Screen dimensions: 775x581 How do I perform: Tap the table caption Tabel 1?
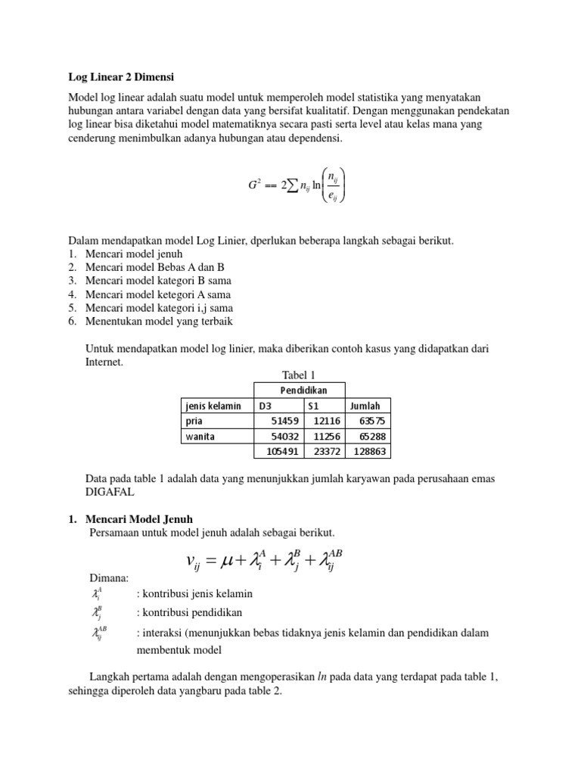coord(298,375)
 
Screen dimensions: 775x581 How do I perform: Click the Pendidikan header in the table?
coord(299,391)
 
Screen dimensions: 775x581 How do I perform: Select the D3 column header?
coord(266,406)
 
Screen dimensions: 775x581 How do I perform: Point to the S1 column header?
coord(314,406)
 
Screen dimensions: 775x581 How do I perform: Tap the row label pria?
coord(194,421)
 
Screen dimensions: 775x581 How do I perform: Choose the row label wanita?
coord(198,436)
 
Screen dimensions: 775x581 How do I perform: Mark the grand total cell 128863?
coord(369,451)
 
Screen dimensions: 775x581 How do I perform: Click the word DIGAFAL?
coord(113,492)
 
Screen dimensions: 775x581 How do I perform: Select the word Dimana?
coord(110,579)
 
